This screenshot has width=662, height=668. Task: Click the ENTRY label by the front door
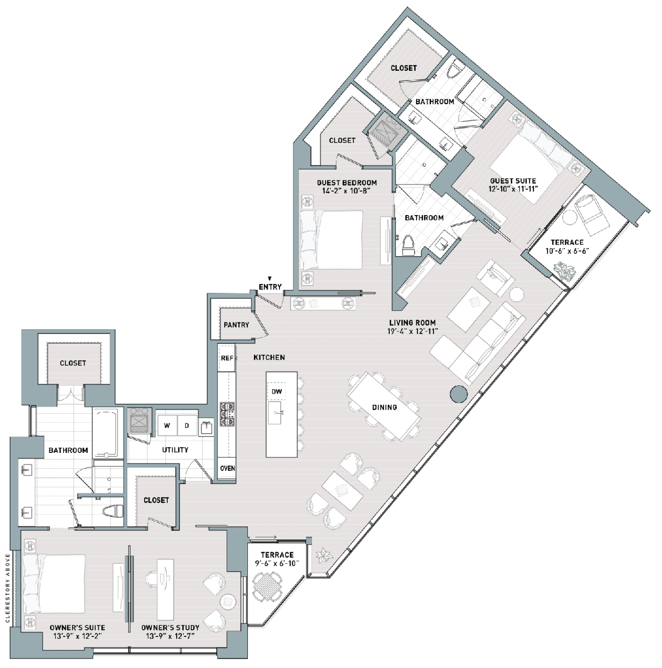pos(270,287)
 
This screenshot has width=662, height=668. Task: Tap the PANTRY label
pos(236,325)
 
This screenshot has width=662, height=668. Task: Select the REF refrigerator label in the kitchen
pos(227,358)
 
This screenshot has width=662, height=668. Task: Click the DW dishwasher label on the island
pos(277,392)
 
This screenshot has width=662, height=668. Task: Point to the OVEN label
pos(227,468)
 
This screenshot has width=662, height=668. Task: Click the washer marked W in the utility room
pos(167,425)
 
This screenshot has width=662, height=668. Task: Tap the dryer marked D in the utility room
pos(187,425)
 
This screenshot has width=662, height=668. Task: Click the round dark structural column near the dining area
pos(459,394)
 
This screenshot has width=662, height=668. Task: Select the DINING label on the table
pos(384,407)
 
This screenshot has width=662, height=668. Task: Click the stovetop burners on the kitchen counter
pos(227,414)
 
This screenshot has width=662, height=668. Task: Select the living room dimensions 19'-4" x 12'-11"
pos(412,331)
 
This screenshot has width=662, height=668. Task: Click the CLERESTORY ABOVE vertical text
pos(8,588)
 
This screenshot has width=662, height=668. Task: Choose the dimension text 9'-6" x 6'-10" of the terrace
pos(277,563)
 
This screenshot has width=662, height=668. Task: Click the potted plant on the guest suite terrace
pos(564,270)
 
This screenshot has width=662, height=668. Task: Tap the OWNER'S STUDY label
pos(170,628)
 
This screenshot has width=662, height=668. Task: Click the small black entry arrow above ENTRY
pos(270,279)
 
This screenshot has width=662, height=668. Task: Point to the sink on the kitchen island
pos(275,413)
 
